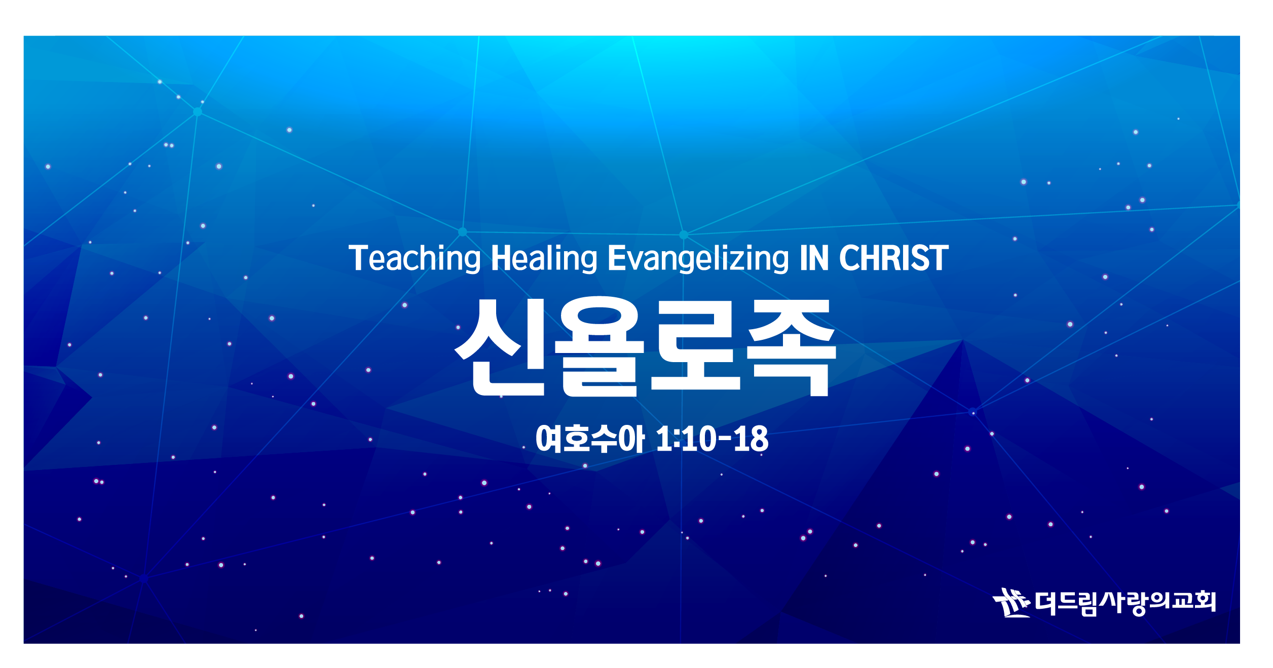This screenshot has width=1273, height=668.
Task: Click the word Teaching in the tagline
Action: pyautogui.click(x=415, y=259)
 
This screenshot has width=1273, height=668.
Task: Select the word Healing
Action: pyautogui.click(x=544, y=259)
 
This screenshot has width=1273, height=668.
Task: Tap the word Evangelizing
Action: pyautogui.click(x=698, y=259)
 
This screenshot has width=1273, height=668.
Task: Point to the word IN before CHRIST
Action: pyautogui.click(x=814, y=258)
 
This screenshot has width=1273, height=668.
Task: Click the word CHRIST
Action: pyautogui.click(x=893, y=258)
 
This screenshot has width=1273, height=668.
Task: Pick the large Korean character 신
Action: pyautogui.click(x=500, y=347)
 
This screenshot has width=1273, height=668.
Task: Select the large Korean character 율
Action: pyautogui.click(x=600, y=346)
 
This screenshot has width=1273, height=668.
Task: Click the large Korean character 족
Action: pyautogui.click(x=792, y=347)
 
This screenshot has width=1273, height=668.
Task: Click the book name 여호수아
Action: pyautogui.click(x=590, y=439)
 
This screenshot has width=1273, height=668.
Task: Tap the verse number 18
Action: pyautogui.click(x=751, y=439)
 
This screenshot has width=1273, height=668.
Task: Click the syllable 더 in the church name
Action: pyautogui.click(x=1046, y=603)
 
